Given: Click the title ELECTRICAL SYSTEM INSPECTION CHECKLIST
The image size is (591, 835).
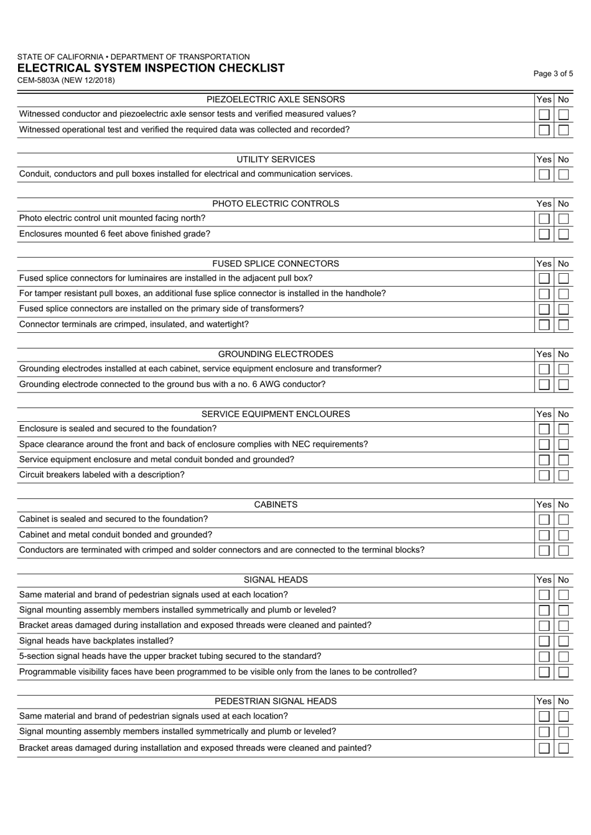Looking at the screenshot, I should pos(151,68).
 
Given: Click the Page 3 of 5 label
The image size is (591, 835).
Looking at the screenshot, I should pos(553,73).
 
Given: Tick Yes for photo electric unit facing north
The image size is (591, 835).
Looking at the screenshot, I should pos(544,219).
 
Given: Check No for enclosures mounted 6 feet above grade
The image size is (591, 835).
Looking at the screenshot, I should pos(564,235).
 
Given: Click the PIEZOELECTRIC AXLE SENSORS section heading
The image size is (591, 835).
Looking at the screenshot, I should pos(276,100).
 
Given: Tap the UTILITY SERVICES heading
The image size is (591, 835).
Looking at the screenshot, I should pos(276,159).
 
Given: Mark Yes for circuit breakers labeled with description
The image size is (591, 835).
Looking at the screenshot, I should pos(544,475).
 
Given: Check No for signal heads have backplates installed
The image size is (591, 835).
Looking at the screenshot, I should pos(564,641).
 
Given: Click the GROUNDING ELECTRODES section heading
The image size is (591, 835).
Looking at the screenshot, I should pos(276,354).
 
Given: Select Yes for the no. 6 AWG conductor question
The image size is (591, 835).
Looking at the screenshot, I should pos(544,385).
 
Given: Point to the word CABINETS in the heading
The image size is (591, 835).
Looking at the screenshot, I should pos(276,505).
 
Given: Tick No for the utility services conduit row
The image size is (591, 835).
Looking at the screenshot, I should pos(564,175).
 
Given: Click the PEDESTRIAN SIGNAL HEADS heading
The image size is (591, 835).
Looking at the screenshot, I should pos(276,701).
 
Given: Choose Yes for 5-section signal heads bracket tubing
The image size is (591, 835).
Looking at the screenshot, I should pos(544,657).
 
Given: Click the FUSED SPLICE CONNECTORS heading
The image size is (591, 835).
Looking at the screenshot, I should pos(276,264).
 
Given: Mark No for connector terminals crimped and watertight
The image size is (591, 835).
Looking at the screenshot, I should pos(564,325).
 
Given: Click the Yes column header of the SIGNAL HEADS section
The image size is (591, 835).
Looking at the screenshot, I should pos(544,580).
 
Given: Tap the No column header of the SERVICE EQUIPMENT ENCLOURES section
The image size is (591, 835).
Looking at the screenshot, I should pos(564,414).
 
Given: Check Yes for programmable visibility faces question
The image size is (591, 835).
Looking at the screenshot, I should pos(544,673).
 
